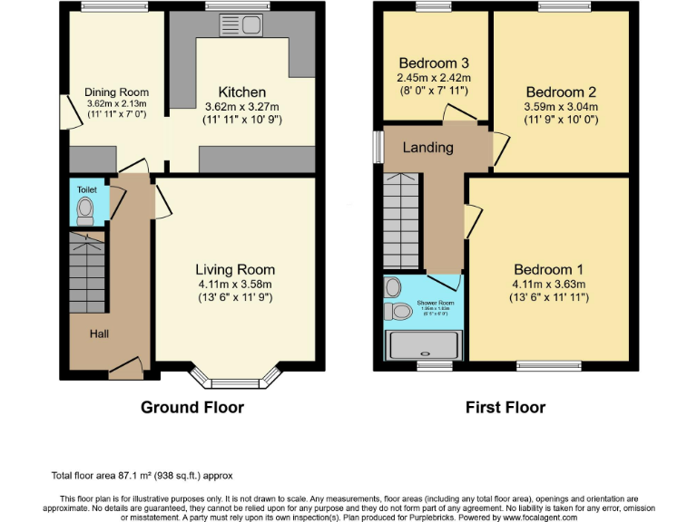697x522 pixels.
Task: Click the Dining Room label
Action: pyautogui.click(x=116, y=92)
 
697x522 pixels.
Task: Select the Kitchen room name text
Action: pyautogui.click(x=242, y=92)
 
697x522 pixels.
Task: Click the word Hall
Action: pyautogui.click(x=100, y=334)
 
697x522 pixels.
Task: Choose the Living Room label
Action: pyautogui.click(x=235, y=269)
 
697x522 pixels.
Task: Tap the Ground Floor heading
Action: pyautogui.click(x=192, y=408)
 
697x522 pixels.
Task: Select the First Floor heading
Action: pyautogui.click(x=506, y=408)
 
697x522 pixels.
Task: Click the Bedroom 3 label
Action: pyautogui.click(x=434, y=63)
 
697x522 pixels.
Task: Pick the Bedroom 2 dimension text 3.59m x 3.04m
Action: pyautogui.click(x=561, y=106)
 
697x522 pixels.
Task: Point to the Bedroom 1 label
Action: pyautogui.click(x=549, y=269)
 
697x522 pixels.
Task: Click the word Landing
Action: pyautogui.click(x=427, y=148)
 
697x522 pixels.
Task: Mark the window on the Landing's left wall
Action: pyautogui.click(x=378, y=148)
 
